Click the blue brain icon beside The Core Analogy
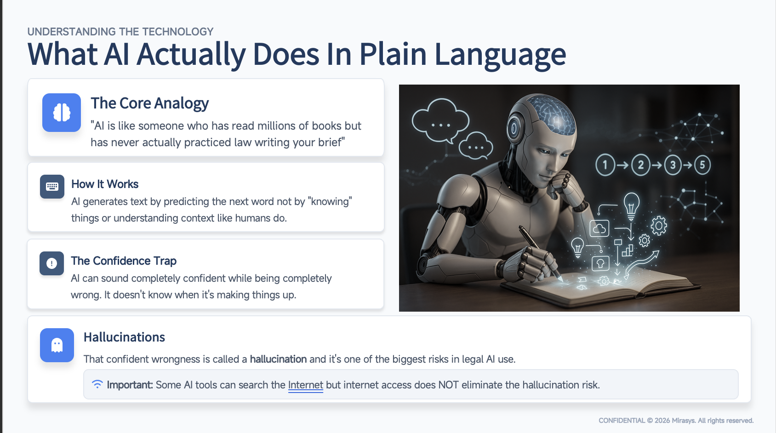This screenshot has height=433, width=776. pos(62,113)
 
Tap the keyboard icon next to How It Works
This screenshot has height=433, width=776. pos(52,187)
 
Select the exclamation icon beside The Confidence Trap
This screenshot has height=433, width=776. pos(51,263)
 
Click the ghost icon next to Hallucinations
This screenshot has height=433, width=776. pos(57,345)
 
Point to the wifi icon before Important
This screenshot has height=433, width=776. pos(97,384)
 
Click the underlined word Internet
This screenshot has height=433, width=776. pos(305,385)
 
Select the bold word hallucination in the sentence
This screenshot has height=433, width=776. pos(278,359)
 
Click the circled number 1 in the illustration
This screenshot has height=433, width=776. pos(605,165)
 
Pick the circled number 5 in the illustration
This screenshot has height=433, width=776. pos(702,165)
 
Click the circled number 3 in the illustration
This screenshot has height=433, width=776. pos(673,165)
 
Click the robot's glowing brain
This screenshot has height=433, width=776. pos(552,115)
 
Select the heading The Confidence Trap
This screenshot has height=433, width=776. pos(124,261)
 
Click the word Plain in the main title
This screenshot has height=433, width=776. pos(393,54)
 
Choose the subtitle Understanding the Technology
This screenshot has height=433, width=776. pos(120,32)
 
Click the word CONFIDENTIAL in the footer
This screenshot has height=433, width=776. pos(622,421)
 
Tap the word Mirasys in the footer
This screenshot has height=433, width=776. pos(683,421)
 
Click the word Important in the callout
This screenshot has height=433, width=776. pos(130,385)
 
